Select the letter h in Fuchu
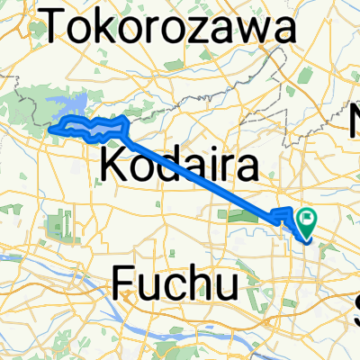201,284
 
